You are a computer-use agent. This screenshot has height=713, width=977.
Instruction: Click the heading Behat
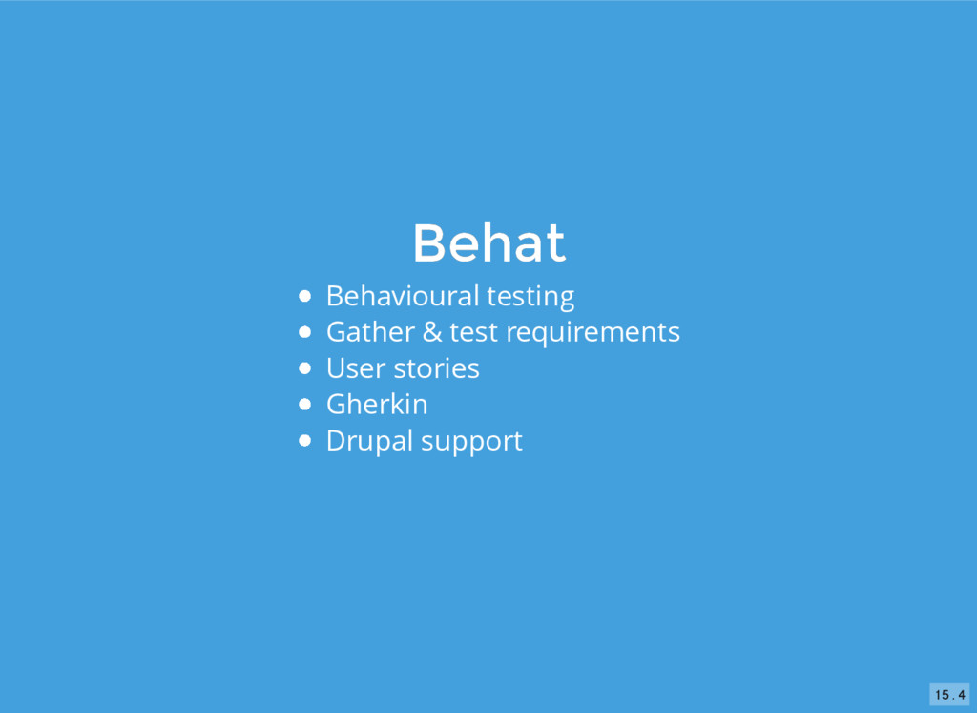point(489,243)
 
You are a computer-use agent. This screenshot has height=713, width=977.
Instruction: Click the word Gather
point(370,331)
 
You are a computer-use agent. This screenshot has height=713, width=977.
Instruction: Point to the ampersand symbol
point(432,332)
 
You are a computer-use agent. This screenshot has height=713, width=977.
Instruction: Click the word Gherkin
point(377,405)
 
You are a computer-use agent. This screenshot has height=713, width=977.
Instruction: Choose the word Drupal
point(369,442)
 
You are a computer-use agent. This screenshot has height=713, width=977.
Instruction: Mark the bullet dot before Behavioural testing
point(304,296)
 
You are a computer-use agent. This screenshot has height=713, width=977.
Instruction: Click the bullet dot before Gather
point(304,332)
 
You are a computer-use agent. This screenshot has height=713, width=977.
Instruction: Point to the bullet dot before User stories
point(304,368)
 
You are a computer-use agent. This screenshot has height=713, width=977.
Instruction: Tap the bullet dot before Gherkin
point(304,405)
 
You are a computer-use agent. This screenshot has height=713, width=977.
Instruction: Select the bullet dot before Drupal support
point(304,441)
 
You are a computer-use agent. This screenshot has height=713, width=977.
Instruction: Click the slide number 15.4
point(950,694)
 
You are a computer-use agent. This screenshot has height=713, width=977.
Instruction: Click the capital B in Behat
point(430,243)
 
